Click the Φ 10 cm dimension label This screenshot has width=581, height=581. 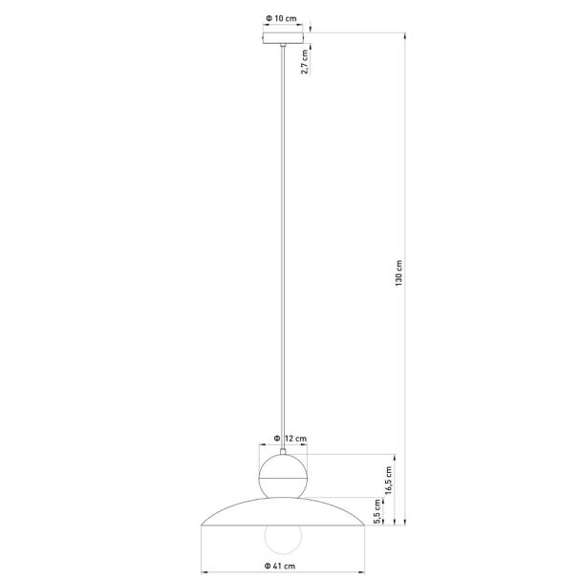tap(281, 18)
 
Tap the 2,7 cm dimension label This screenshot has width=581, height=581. tap(305, 61)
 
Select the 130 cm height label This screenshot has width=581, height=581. tap(398, 273)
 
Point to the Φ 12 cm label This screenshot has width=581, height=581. tap(290, 439)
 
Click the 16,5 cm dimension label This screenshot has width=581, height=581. tap(388, 481)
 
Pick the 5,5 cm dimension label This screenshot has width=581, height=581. tap(377, 511)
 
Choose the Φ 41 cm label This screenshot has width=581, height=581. tap(280, 566)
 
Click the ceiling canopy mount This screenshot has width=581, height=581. tap(283, 38)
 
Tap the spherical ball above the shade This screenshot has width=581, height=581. tap(283, 476)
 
